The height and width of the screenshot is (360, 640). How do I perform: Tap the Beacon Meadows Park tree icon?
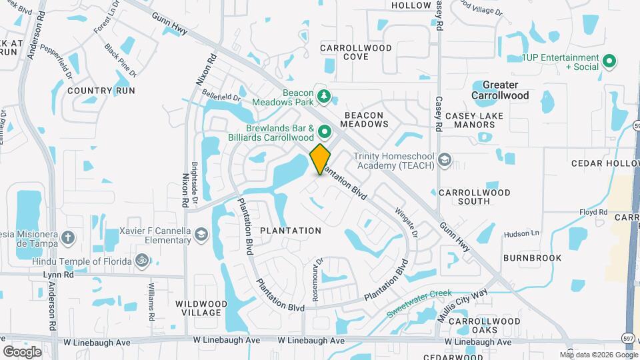[x=324, y=97]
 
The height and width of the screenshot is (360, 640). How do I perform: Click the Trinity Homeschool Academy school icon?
[x=445, y=161]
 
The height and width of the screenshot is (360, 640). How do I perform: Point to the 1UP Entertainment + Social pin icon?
[x=609, y=62]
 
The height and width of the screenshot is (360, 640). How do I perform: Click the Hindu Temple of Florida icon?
[x=141, y=261]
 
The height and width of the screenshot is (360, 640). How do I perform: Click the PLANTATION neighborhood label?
[x=291, y=231]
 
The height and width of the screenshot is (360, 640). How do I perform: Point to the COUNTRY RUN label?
[x=101, y=91]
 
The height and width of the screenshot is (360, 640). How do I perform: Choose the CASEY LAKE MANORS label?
[x=473, y=121]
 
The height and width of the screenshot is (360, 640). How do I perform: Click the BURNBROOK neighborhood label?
[x=532, y=258]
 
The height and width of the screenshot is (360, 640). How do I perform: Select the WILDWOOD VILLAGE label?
[x=198, y=308]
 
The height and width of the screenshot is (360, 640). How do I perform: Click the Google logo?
[x=23, y=351]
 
